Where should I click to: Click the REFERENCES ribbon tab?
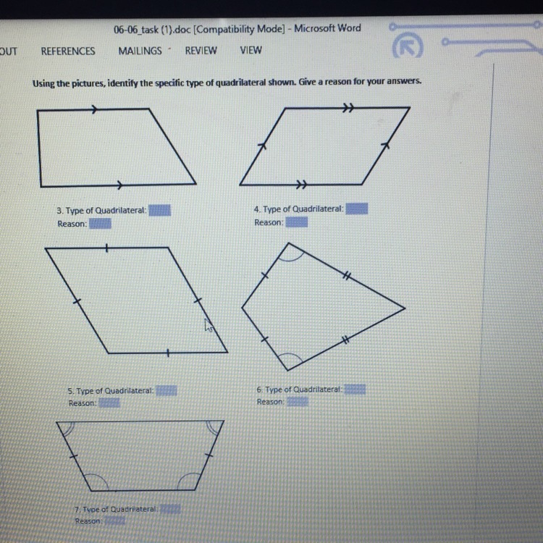click(x=68, y=51)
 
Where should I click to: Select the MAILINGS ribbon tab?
click(x=140, y=51)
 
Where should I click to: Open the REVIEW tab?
click(x=201, y=51)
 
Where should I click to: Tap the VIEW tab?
click(x=251, y=50)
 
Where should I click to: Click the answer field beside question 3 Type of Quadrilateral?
click(x=160, y=210)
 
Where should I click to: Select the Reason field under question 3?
click(x=100, y=224)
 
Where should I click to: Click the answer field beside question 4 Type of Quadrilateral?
click(x=357, y=209)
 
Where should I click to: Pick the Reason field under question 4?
click(x=296, y=222)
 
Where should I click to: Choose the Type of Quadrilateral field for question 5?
click(x=167, y=391)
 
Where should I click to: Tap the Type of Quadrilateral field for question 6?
click(x=355, y=390)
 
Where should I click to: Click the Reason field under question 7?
click(x=114, y=521)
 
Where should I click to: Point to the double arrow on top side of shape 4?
click(x=348, y=108)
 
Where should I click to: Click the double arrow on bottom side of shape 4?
click(x=302, y=184)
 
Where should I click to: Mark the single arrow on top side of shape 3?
click(x=95, y=109)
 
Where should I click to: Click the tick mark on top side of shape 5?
click(x=106, y=248)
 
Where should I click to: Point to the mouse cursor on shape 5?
click(x=209, y=326)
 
